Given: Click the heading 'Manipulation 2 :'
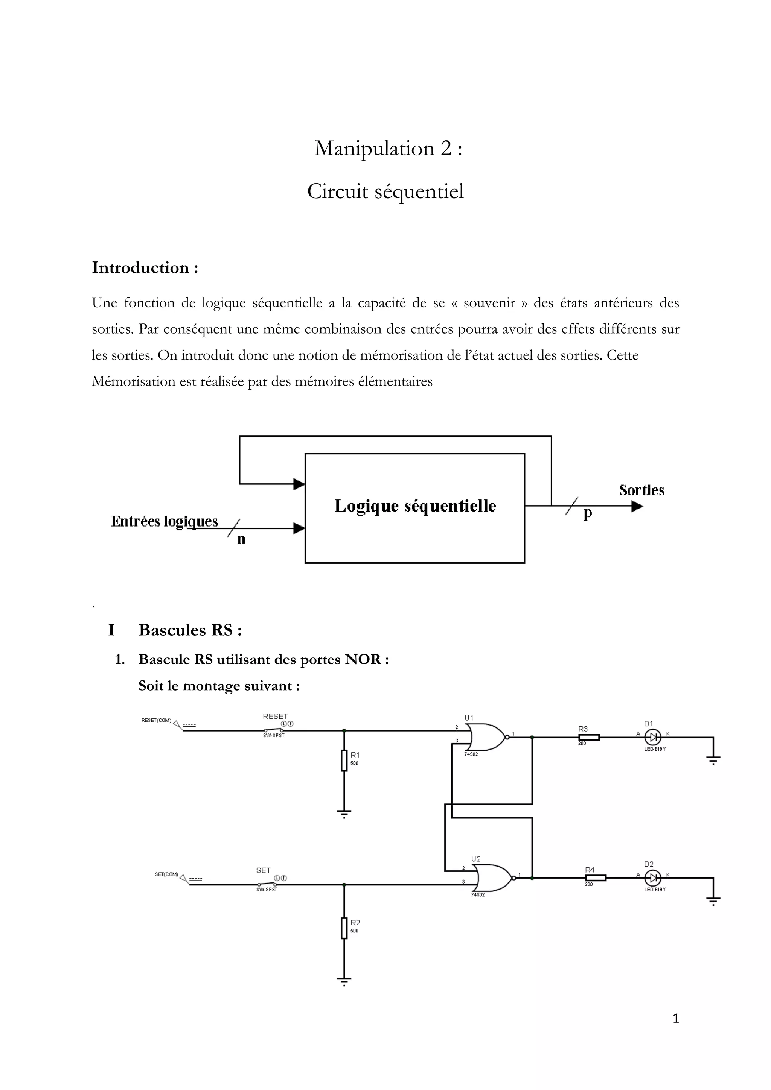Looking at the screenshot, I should coord(388,149).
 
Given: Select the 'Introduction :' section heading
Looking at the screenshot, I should coord(145,268).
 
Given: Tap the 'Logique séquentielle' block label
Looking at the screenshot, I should coord(415,506).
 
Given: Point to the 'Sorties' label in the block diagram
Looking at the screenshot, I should coord(641,490).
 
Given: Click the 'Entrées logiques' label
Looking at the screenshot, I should coord(165,521).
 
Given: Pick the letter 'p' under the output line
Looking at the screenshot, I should coord(588,514).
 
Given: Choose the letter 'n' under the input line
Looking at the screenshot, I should coord(241,539).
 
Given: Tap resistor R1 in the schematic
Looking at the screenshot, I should coord(344,761).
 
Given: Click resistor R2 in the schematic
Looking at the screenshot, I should coord(344,928).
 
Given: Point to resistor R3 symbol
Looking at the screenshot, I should coord(588,737).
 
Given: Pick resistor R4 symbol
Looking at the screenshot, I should coord(595,878).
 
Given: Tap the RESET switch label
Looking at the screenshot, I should coord(275,717).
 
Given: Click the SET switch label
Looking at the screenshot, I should coord(263,870).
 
